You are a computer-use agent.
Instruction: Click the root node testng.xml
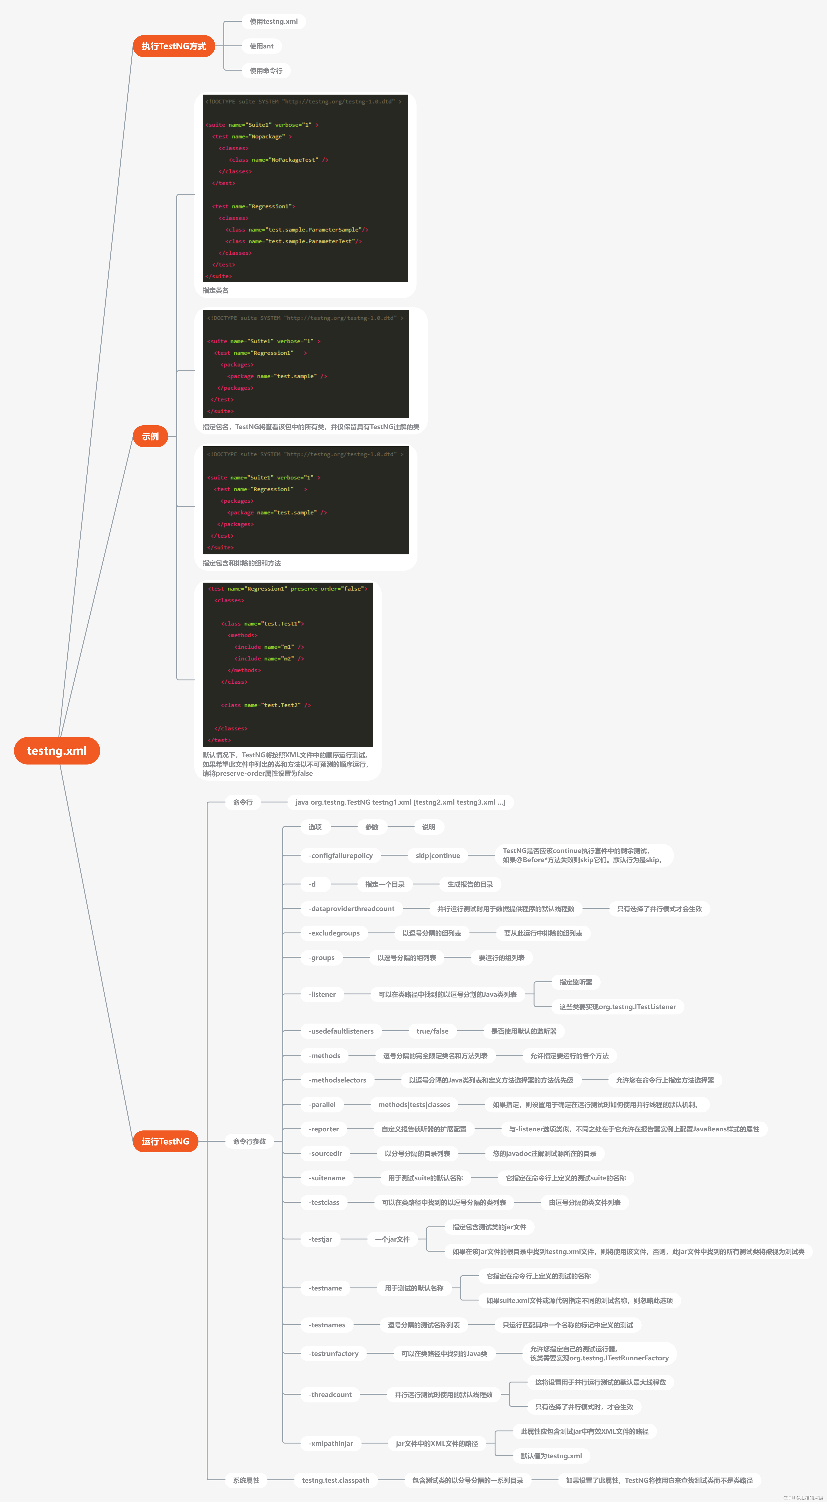point(57,750)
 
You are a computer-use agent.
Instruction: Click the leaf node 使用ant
point(261,46)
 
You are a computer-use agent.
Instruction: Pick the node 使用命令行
point(266,71)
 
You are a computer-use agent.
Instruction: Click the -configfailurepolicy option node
point(341,855)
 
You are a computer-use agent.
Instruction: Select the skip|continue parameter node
point(437,855)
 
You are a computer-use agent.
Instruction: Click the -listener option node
point(322,994)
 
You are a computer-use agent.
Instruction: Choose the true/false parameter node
point(432,1031)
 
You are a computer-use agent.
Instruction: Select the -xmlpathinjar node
point(331,1443)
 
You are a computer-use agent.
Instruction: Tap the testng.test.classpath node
point(335,1480)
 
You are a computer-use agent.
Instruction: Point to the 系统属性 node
point(246,1480)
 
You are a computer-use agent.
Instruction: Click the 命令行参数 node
point(249,1141)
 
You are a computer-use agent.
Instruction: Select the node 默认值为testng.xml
point(551,1455)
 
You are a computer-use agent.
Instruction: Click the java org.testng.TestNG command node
point(400,802)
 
